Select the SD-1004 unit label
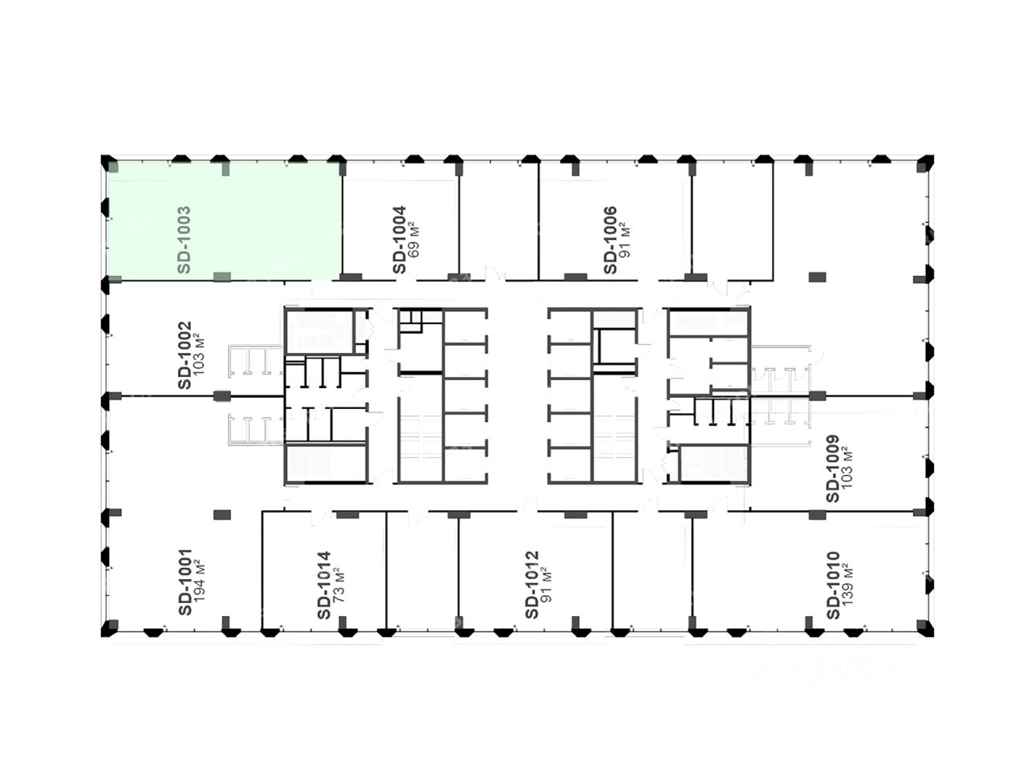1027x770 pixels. (399, 241)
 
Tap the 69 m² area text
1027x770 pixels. (414, 241)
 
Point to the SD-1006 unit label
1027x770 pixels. (611, 240)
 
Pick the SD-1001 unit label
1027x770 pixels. (185, 582)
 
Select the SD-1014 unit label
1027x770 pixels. (323, 585)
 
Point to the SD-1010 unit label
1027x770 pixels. (833, 585)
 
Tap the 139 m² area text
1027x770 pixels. (849, 585)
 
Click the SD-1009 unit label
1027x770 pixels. (833, 468)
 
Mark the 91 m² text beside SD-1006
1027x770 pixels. (627, 240)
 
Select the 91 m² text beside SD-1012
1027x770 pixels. (547, 585)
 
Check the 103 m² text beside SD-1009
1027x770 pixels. (849, 468)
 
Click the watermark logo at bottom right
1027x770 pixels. (826, 666)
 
